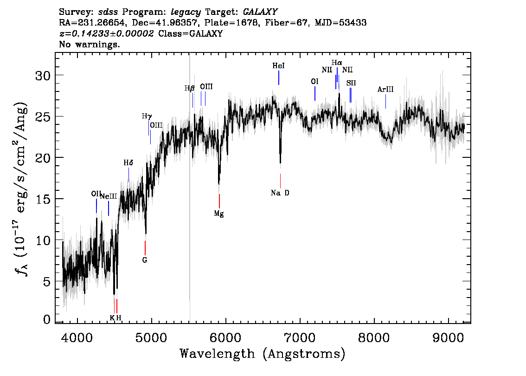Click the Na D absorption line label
coord(280,193)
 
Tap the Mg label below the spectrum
coord(219,214)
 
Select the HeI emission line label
coord(278,66)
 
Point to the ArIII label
coord(385,90)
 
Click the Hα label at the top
coord(337,63)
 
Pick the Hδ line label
coord(128,163)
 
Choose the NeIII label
coord(109,196)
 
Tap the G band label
coord(145,260)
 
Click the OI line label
coord(314,82)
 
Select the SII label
coord(351,83)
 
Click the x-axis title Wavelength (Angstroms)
coord(263,354)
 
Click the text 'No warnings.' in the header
coord(90,45)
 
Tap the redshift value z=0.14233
coord(106,34)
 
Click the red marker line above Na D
coord(280,181)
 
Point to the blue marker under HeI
coord(278,78)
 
